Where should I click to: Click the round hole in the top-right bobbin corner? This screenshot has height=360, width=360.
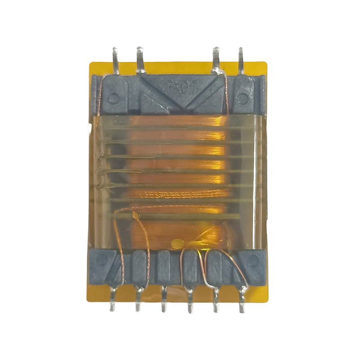point(243,96)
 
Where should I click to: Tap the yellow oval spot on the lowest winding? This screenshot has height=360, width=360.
point(177,243)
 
